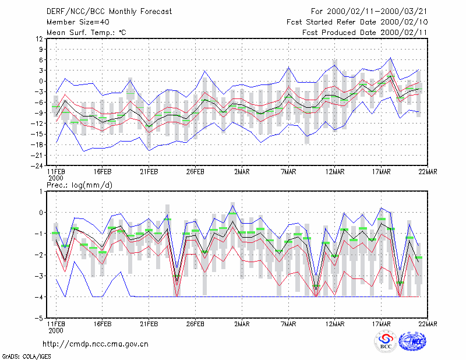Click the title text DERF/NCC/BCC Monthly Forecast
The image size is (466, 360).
pyautogui.click(x=109, y=12)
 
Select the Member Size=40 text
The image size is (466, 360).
pyautogui.click(x=78, y=22)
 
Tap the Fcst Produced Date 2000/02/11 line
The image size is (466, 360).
pyautogui.click(x=365, y=33)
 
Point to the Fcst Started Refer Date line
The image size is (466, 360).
pyautogui.click(x=357, y=22)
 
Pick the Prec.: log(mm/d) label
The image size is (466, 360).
pyautogui.click(x=79, y=185)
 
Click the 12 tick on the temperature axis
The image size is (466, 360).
pyautogui.click(x=39, y=38)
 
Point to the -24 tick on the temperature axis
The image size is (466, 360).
pyautogui.click(x=37, y=166)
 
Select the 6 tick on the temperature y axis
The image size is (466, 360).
pyautogui.click(x=41, y=60)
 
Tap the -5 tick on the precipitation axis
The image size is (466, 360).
pyautogui.click(x=39, y=318)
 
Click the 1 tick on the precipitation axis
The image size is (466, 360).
pyautogui.click(x=41, y=191)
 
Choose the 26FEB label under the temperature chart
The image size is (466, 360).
pyautogui.click(x=195, y=172)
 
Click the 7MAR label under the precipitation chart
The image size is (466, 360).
pyautogui.click(x=288, y=324)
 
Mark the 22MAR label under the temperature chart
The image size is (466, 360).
pyautogui.click(x=428, y=172)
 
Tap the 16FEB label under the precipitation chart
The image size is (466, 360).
pyautogui.click(x=103, y=324)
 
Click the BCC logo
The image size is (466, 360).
pyautogui.click(x=386, y=341)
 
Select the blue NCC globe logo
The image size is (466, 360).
pyautogui.click(x=412, y=341)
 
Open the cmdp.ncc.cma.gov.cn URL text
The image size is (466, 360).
pyautogui.click(x=96, y=344)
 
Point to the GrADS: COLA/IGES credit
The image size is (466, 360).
pyautogui.click(x=27, y=357)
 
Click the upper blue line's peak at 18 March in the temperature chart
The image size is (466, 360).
pyautogui.click(x=390, y=58)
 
